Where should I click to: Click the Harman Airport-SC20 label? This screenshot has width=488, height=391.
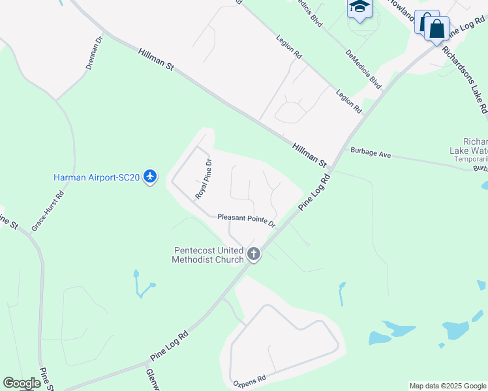click(96, 177)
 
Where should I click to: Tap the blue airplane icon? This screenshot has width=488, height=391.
click(151, 177)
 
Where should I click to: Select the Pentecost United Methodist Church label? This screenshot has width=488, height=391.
click(208, 254)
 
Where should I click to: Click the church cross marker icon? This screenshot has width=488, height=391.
click(254, 255)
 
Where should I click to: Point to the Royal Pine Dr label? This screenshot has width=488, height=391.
click(204, 179)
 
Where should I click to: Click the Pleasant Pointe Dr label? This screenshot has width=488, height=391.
click(247, 220)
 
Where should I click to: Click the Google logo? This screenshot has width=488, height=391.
click(22, 383)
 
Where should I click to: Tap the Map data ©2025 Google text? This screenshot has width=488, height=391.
click(448, 386)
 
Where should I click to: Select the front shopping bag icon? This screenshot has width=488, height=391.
click(436, 29)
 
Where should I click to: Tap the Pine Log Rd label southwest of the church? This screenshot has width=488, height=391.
click(169, 345)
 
